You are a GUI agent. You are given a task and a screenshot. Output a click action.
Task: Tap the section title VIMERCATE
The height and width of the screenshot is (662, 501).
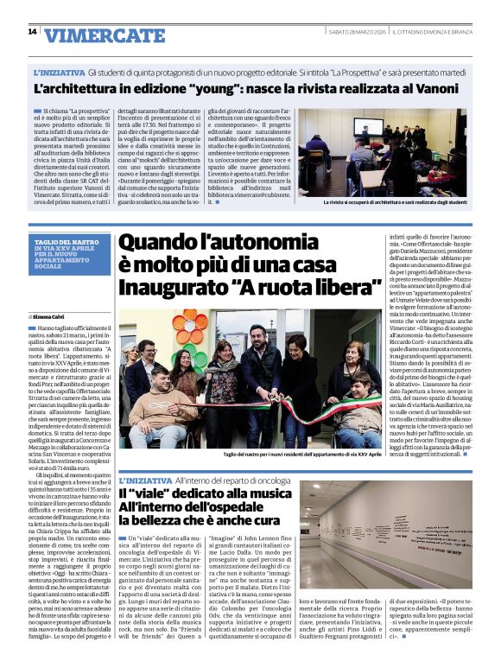coord(105,35)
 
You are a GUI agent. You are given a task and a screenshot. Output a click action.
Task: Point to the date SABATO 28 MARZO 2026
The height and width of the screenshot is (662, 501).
coord(357,32)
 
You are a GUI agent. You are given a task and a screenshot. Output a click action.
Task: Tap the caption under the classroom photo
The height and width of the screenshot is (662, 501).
coord(394,203)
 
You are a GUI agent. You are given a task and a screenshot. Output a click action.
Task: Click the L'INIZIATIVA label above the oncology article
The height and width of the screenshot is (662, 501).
coord(144,480)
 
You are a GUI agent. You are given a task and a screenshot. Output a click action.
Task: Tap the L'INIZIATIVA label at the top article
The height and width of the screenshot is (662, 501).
coord(59,73)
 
